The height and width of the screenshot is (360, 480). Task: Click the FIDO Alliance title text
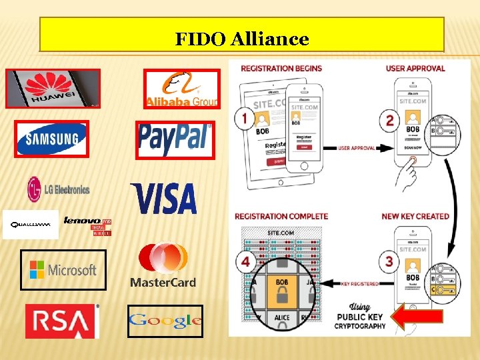pos(242,39)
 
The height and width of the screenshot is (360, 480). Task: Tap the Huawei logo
pos(53,89)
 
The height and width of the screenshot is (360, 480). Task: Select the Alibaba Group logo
pos(181,89)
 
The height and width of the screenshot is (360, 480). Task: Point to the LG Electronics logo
pos(58,189)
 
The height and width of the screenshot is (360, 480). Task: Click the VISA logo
pos(164,198)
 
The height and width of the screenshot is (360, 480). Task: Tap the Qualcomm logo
pos(30,225)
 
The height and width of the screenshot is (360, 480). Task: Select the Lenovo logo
pos(87,225)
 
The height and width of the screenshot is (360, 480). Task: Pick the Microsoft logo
pos(63,270)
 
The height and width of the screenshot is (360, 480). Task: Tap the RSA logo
pos(61,321)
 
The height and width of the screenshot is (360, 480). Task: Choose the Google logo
pos(165,321)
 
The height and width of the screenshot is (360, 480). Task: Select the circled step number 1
pos(244,119)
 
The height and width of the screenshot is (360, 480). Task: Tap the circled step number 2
pos(389,121)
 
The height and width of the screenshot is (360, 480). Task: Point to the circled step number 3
pos(389,261)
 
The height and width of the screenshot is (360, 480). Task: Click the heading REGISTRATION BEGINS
pos(281,68)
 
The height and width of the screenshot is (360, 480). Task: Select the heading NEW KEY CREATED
pos(415,216)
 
